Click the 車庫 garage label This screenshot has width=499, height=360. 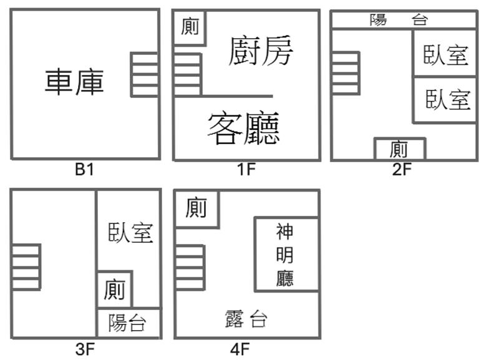coord(74,82)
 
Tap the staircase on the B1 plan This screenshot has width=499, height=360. coord(145,75)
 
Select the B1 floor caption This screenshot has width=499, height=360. coord(84,169)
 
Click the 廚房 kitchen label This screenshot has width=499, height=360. coord(261,51)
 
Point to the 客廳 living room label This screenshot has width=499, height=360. coord(244,127)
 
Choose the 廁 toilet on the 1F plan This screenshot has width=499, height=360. coord(190,27)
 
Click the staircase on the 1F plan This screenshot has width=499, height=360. coord(188,75)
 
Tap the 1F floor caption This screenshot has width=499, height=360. coord(246,169)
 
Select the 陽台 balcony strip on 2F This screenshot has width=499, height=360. coord(404,21)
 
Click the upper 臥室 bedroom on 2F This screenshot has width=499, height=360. coord(445,53)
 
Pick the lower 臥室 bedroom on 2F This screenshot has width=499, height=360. coord(445,100)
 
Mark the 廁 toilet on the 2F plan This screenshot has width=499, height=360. coord(400,149)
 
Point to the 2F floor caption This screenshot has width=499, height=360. coord(402,169)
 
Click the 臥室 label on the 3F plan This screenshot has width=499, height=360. coord(130,233)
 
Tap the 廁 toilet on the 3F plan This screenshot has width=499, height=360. coord(115,289)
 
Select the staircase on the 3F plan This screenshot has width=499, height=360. coord(26,267)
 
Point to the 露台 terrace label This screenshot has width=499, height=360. coord(246,319)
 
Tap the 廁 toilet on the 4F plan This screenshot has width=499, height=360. coord(196,209)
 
